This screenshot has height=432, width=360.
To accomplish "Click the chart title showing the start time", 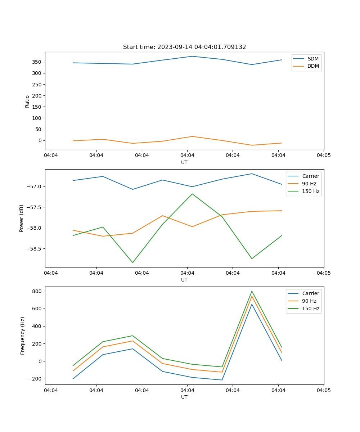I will [184, 47].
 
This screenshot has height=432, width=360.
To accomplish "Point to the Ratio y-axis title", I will [27, 101].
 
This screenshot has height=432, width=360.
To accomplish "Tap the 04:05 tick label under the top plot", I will [323, 156].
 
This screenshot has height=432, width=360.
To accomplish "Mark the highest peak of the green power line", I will [192, 194].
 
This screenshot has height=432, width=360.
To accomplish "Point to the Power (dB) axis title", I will [22, 218].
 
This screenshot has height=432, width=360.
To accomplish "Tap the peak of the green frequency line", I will [252, 291].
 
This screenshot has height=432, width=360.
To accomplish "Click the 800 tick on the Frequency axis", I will [39, 291].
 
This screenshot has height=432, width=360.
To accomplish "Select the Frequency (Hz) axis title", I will [23, 336].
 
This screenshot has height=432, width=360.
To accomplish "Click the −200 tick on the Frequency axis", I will [37, 379].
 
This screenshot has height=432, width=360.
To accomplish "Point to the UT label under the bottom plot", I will [184, 397].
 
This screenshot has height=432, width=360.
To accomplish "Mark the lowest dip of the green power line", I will [132, 262].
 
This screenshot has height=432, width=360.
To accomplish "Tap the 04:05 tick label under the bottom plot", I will [323, 390].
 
